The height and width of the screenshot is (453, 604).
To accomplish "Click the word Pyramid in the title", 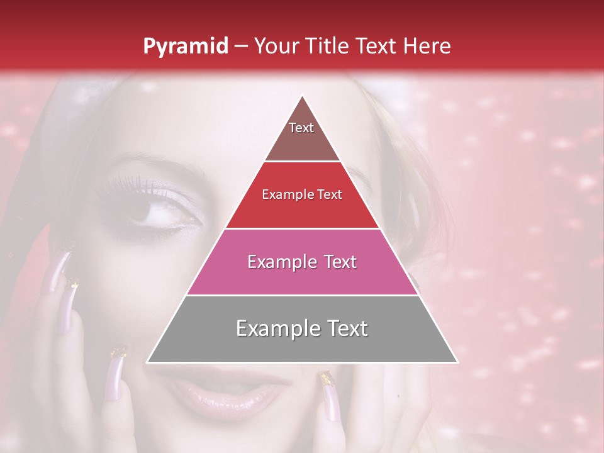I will click(x=186, y=47).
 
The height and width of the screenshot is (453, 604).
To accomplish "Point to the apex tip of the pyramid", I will click(x=302, y=96).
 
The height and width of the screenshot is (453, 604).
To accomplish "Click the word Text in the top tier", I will click(x=301, y=128).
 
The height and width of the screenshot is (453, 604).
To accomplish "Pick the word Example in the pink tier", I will click(x=280, y=262).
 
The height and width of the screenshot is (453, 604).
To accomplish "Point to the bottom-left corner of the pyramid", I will click(x=147, y=362).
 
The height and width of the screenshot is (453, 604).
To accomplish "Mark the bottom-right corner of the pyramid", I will click(x=457, y=362).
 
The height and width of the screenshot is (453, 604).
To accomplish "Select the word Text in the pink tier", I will click(x=338, y=262).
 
